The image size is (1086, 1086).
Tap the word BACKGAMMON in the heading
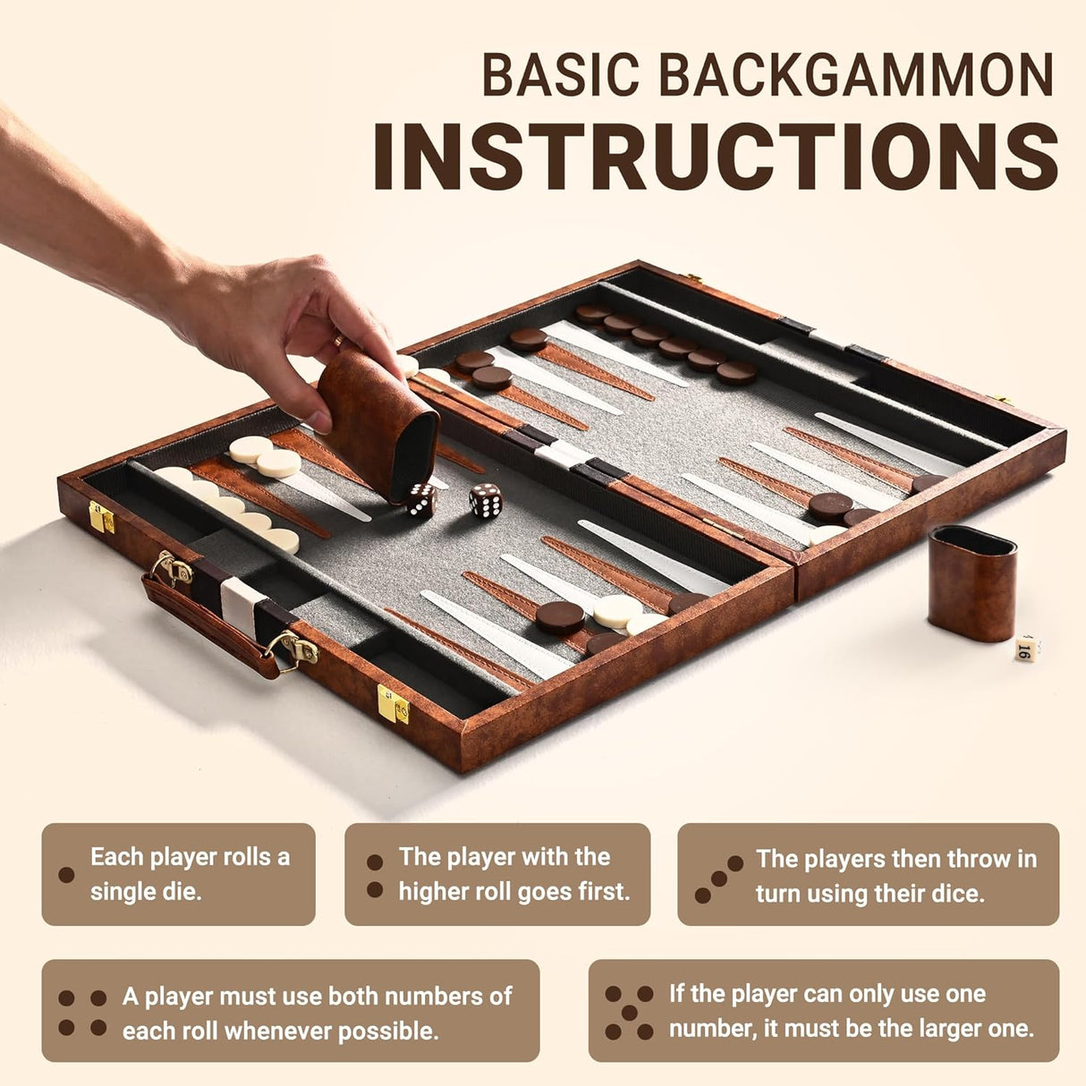[859, 75]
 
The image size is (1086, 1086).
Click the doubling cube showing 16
[1026, 649]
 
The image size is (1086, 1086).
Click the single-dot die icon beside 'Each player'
[66, 874]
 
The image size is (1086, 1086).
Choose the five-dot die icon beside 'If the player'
[629, 1012]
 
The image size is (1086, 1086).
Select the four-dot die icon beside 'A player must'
[82, 1013]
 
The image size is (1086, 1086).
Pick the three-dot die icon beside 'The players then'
[718, 878]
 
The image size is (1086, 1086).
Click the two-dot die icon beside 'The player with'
[375, 875]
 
